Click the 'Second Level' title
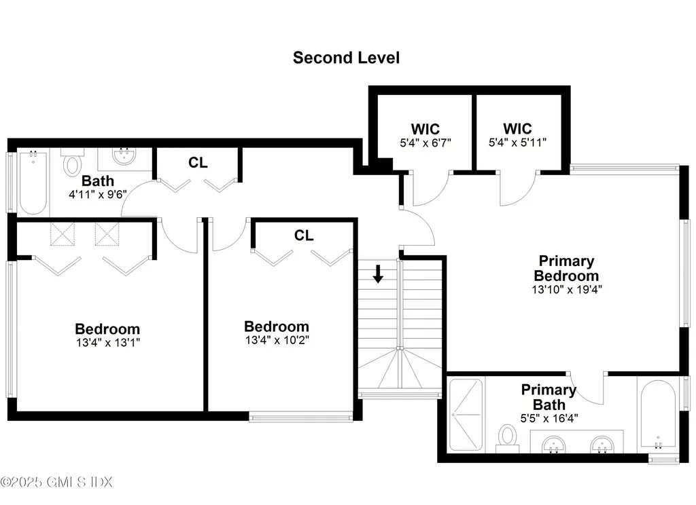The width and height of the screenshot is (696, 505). [346, 58]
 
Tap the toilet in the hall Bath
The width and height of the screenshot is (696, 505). [72, 163]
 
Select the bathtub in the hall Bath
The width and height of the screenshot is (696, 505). [32, 181]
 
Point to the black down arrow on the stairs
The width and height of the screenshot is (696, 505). [379, 274]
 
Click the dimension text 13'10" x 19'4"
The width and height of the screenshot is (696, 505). [567, 288]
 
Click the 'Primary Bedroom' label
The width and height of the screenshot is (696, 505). [566, 268]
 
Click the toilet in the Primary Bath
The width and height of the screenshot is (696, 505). [507, 437]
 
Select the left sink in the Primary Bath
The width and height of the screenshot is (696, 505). [555, 445]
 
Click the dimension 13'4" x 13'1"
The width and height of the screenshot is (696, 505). [107, 342]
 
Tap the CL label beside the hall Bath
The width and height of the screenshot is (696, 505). [198, 163]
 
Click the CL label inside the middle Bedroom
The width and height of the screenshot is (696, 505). [304, 236]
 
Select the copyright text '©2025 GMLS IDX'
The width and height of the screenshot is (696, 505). [56, 482]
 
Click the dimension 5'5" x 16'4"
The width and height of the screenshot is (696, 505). [549, 418]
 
